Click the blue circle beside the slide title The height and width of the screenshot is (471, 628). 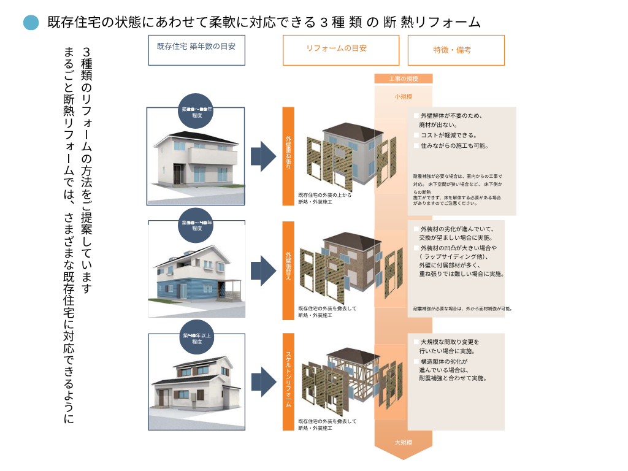pos(31,23)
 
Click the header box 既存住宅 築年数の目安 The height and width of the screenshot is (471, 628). pos(196,50)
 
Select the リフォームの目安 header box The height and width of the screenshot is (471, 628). pos(340,50)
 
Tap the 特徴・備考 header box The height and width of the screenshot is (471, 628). pos(456,50)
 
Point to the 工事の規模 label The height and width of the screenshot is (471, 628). pos(403,78)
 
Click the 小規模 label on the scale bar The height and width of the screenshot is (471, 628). pos(403,96)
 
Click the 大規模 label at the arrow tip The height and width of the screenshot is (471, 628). pos(403,442)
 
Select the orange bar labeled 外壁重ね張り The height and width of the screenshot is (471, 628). pos(288,156)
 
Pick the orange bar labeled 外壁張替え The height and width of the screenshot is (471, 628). pos(288,270)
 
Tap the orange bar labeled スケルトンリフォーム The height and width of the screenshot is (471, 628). pos(288,381)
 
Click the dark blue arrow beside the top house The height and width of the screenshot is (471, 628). pos(264,156)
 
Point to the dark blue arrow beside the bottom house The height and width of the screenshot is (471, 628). pos(264,381)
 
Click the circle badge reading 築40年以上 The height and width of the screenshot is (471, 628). pos(196,339)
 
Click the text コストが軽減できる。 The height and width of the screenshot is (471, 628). pos(449,135)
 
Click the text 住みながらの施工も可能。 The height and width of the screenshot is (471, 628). pos(454,146)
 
